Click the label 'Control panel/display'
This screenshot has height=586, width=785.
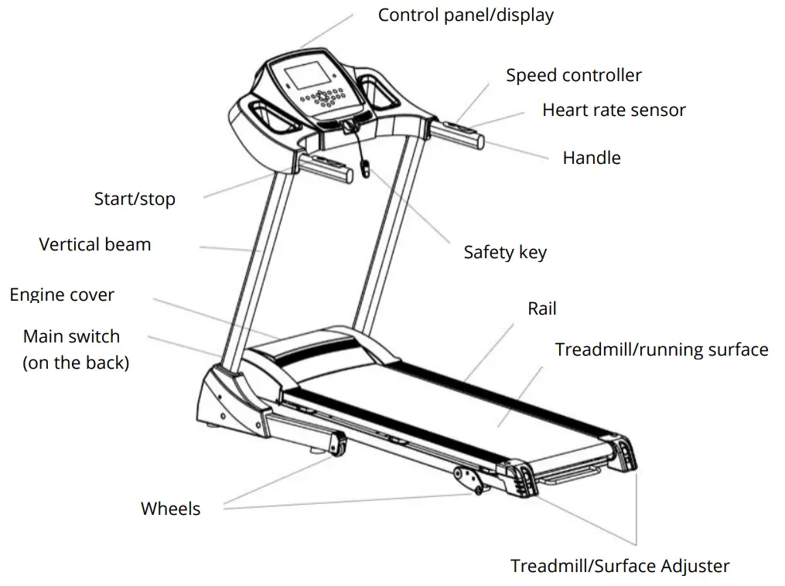[x=466, y=15]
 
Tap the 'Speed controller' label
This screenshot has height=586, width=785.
[x=574, y=76]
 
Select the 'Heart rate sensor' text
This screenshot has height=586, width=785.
[x=613, y=111]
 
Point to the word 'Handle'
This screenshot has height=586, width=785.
[x=592, y=158]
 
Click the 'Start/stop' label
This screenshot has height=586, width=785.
[x=135, y=199]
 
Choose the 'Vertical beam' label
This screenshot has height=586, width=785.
[x=95, y=245]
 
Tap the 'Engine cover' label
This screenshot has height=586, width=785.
[x=62, y=295]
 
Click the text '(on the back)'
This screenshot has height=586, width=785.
[x=76, y=363]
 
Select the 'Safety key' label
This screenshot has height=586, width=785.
[x=505, y=253]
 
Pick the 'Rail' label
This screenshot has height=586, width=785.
[x=542, y=309]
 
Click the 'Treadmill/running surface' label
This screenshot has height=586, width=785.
[x=661, y=350]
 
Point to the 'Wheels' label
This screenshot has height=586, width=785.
[x=170, y=509]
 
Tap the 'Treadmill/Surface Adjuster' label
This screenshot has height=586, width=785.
[x=619, y=567]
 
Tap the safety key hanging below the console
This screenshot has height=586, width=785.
[x=365, y=168]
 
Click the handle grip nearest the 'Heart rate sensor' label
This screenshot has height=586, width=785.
[x=459, y=132]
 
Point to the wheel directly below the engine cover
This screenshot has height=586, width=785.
[x=336, y=446]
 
